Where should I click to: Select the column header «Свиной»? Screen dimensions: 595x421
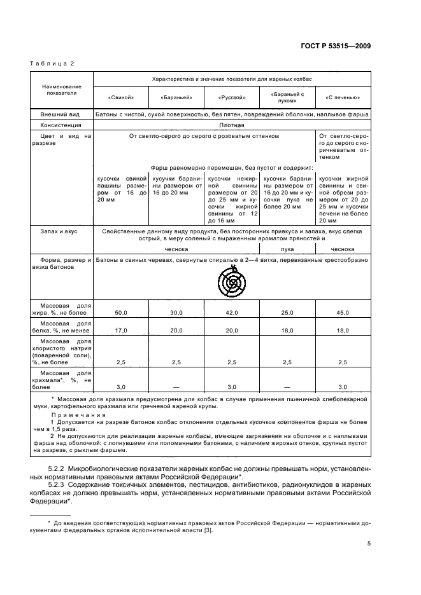click(121, 98)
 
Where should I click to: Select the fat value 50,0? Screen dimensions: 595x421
click(121, 313)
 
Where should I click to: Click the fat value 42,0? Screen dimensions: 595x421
click(232, 313)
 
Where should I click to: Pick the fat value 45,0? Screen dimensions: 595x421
click(343, 313)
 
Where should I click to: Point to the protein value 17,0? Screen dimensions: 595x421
click(121, 331)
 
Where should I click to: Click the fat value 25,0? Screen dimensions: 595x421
click(287, 313)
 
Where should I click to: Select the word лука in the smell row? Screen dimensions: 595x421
click(287, 249)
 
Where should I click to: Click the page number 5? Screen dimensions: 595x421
click(369, 544)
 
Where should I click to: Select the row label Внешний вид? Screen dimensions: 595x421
click(59, 114)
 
